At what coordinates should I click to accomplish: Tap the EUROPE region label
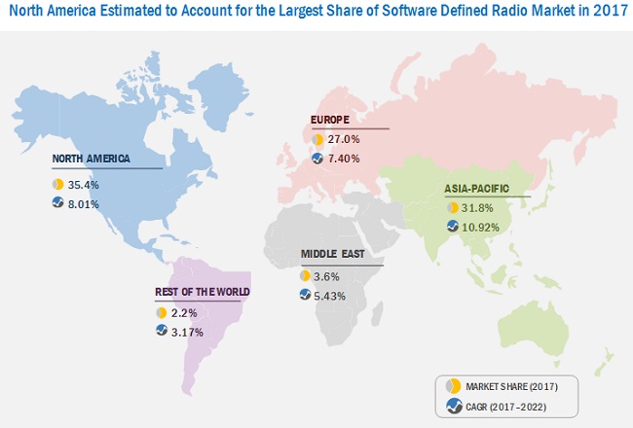click(x=330, y=121)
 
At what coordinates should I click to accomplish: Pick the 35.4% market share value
click(x=85, y=183)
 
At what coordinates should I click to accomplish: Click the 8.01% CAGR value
click(x=87, y=202)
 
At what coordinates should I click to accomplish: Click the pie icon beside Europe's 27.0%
click(x=317, y=139)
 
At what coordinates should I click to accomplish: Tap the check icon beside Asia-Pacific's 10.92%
click(x=453, y=227)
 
